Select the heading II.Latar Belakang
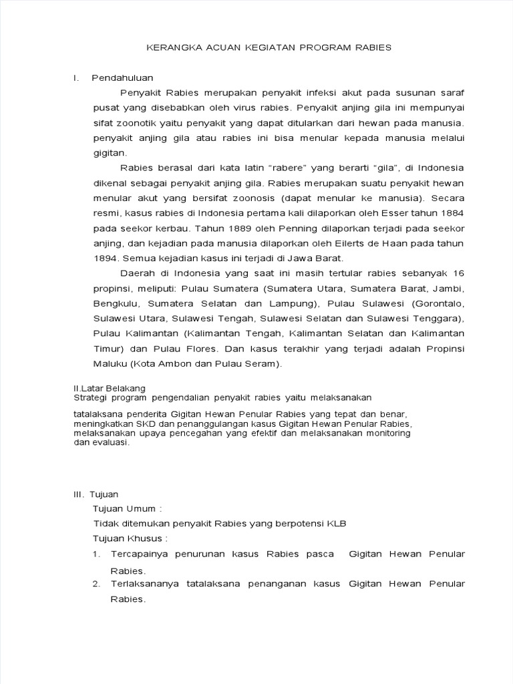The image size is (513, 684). point(109,387)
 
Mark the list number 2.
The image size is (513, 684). point(97,584)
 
